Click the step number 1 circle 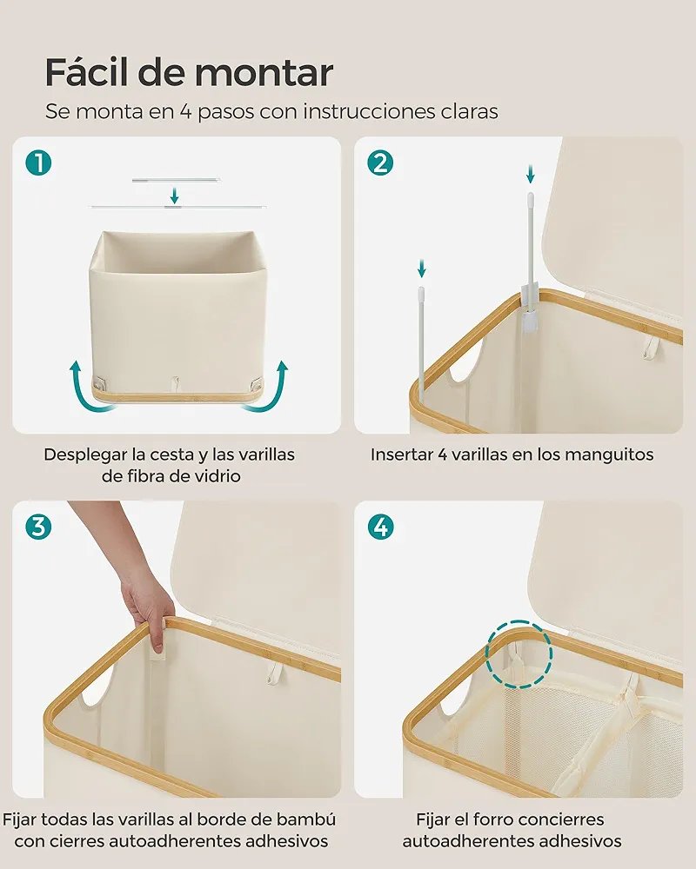[38, 163]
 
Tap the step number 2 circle [380, 163]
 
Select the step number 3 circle [38, 527]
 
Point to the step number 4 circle [381, 527]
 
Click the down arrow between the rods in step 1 [174, 196]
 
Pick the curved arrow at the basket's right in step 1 [266, 388]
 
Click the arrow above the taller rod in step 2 [531, 174]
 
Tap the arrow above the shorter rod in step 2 [422, 269]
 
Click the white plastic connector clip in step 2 [530, 308]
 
